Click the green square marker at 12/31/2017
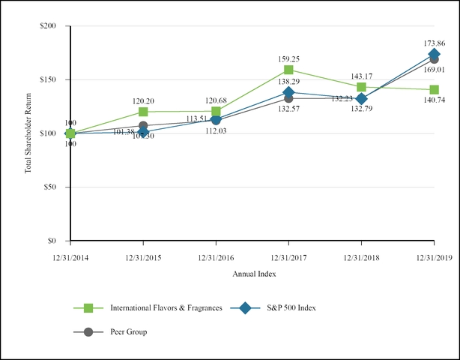point(288,70)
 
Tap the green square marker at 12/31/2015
point(143,112)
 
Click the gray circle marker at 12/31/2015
point(143,126)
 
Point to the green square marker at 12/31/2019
point(434,90)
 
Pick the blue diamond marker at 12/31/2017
point(288,92)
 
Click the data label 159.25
point(288,57)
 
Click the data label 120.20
point(143,100)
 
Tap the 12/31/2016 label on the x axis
point(216,256)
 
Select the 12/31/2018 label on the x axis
point(361,256)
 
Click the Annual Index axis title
point(253,274)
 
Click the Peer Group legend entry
point(128,331)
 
